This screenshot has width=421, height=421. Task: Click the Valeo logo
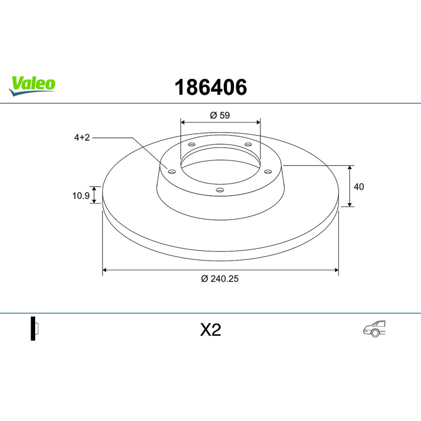coord(32,86)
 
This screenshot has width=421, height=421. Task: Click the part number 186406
coord(211,87)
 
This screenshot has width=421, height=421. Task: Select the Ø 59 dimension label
coord(220,115)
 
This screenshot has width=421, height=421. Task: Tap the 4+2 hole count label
coord(82,137)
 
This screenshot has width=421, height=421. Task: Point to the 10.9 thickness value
coord(81,196)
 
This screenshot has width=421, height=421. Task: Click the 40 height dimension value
coord(359,187)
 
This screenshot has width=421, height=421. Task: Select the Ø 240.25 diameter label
coord(219,279)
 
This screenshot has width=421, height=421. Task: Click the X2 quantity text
coord(210,330)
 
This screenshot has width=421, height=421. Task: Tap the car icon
coord(374,328)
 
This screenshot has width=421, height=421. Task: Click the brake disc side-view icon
coord(35,328)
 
